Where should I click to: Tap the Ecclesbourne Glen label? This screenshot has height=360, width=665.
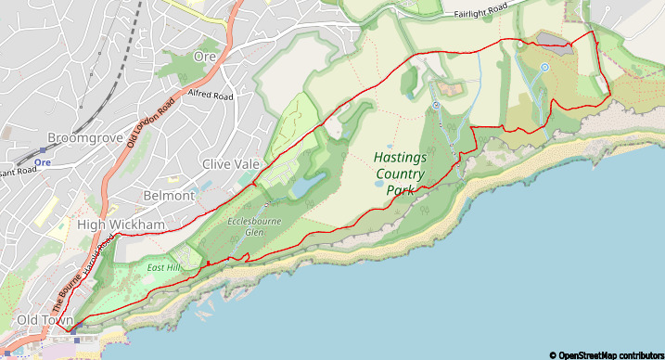click(x=248, y=226)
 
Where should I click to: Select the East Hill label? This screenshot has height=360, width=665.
click(x=162, y=267)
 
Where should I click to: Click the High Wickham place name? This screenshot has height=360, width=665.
click(x=121, y=225)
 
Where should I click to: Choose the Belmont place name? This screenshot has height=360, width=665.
click(x=170, y=196)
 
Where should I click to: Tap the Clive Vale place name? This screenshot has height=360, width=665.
click(x=232, y=164)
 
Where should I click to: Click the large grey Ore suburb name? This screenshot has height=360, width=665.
click(x=204, y=57)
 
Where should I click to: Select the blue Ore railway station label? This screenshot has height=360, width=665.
click(x=42, y=162)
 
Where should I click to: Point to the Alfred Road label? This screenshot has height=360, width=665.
click(x=211, y=95)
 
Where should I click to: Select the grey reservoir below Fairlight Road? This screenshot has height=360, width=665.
click(x=551, y=40)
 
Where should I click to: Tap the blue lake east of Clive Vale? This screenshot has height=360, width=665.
click(x=306, y=186)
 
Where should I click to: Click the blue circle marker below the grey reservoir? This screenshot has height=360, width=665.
click(x=545, y=67)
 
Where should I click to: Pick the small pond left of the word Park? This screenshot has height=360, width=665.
click(x=378, y=184)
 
